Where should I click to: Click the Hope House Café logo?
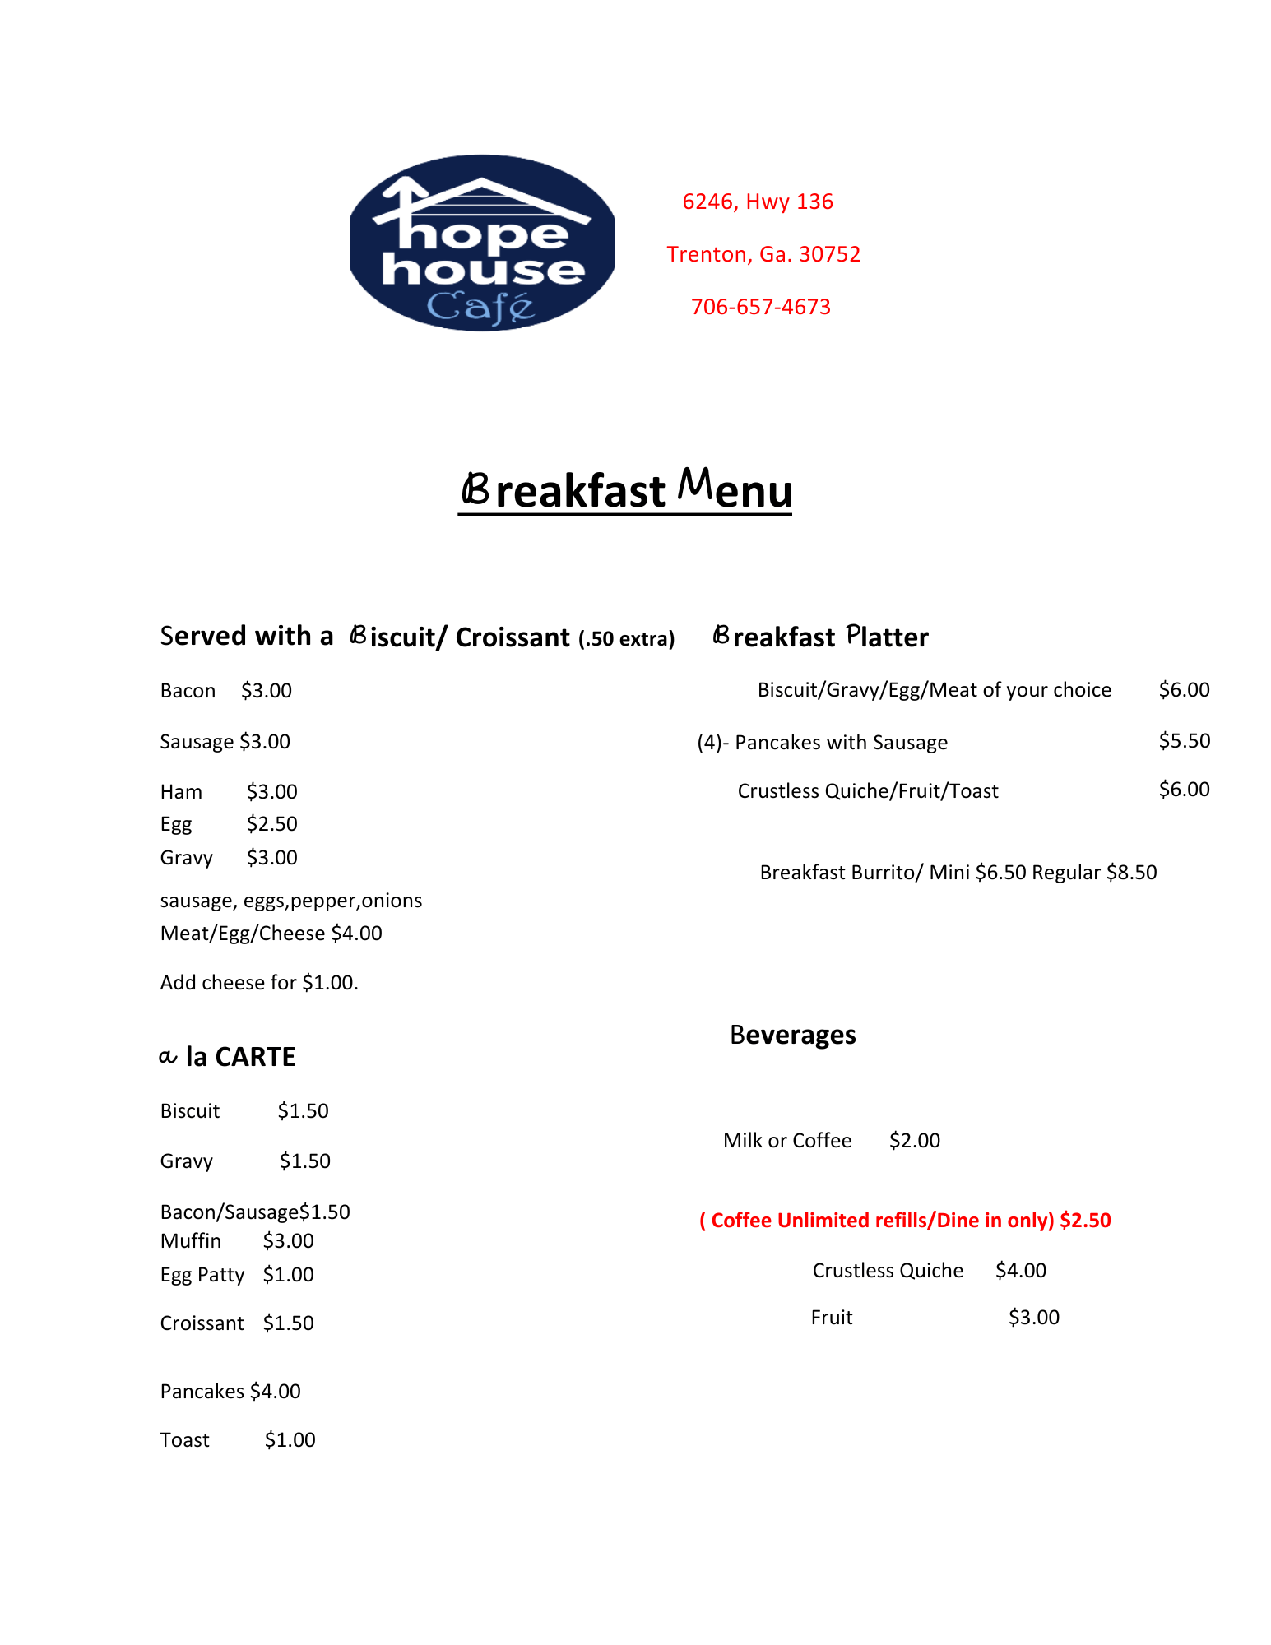pos(482,243)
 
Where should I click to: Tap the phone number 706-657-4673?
pos(760,307)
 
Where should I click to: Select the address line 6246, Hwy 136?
pos(758,202)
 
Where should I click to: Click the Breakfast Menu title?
pos(625,490)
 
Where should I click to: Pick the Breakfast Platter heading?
pos(820,637)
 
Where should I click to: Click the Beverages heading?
pos(792,1035)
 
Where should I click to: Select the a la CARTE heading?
pos(227,1057)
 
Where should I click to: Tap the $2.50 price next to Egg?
pos(271,824)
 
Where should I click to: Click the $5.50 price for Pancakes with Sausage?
pos(1184,741)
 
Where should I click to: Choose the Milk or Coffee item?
pos(787,1141)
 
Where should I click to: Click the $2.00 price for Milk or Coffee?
pos(914,1141)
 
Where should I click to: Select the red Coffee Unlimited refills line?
pos(905,1221)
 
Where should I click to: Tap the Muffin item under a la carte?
pos(191,1241)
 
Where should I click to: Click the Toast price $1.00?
pos(290,1440)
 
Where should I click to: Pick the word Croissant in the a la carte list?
pos(202,1323)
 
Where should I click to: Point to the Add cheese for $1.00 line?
pos(259,983)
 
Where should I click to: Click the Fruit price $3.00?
pos(1033,1318)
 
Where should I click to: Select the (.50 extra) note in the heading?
pos(626,639)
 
